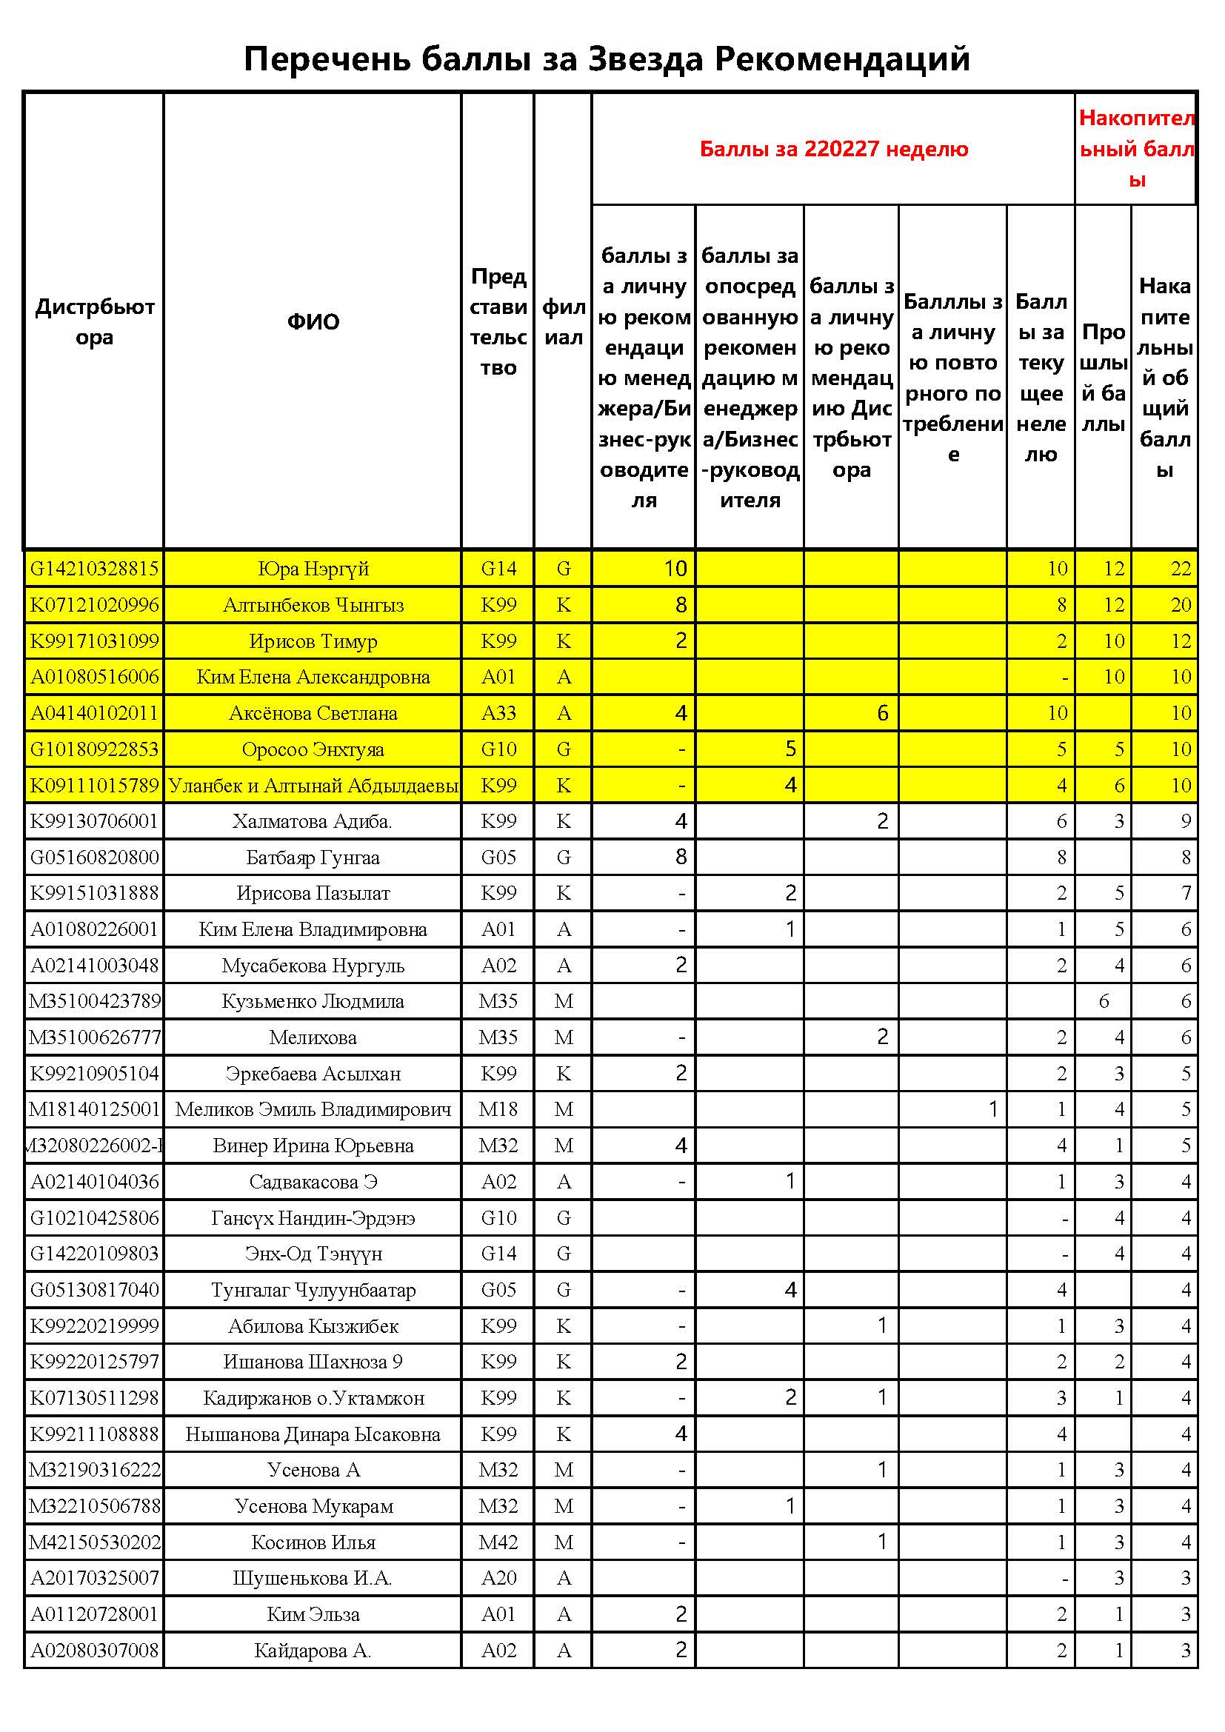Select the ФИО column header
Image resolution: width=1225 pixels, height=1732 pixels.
313,322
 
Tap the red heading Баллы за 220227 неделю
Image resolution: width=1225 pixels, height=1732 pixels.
833,149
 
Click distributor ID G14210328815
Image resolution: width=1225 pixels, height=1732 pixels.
94,569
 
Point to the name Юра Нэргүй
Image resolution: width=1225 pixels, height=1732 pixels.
313,569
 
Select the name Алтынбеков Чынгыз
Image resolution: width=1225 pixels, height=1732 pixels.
313,605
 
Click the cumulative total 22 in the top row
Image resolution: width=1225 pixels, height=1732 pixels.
1181,569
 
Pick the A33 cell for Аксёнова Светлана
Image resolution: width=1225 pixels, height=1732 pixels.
498,713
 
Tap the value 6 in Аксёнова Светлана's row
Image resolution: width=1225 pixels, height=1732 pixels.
882,713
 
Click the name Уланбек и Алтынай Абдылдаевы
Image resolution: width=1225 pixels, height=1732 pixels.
313,785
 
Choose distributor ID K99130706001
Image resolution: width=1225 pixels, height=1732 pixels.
94,821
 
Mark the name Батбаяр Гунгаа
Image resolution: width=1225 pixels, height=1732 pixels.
313,857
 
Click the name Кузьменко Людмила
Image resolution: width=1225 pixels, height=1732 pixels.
313,1002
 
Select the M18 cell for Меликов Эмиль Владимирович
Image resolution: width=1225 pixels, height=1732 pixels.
498,1110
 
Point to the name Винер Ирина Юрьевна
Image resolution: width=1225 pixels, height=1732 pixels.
313,1146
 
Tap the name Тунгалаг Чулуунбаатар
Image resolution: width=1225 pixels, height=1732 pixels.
313,1290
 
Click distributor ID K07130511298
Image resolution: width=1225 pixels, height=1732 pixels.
94,1398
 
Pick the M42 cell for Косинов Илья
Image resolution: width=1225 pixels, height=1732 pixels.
498,1542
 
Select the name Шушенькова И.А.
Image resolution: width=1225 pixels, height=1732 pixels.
313,1578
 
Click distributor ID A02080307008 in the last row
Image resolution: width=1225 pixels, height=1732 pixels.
94,1651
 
